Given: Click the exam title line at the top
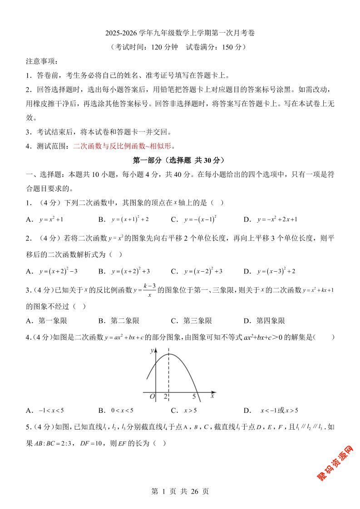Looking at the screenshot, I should (180, 33).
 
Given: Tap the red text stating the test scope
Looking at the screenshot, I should (124, 146).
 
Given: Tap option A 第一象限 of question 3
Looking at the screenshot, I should (47, 321).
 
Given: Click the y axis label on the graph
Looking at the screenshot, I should (151, 351).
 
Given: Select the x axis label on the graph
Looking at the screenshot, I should (212, 396).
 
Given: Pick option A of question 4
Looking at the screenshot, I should (45, 411).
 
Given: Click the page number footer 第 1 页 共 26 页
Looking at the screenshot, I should (180, 491).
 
